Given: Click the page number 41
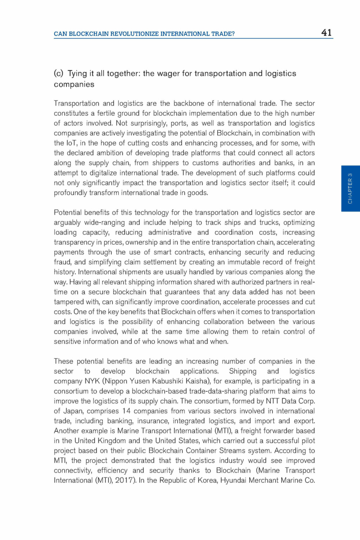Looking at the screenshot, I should pos(327,33).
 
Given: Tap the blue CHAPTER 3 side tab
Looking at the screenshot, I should pos(350,188).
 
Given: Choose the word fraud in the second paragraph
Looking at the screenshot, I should pos(62,262).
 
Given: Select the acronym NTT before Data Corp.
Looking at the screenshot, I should pos(272,401).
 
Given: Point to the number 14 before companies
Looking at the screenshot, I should pos(126,411).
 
